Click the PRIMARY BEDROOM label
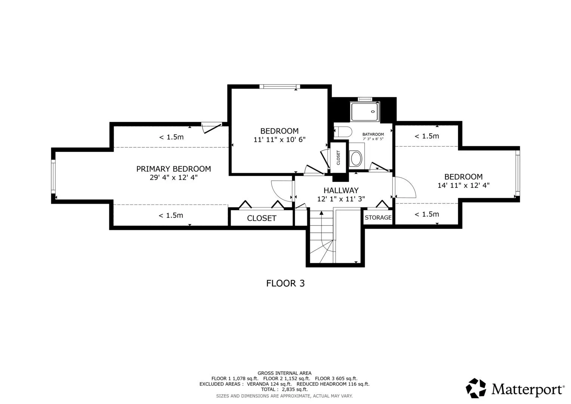174,169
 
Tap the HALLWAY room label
341,190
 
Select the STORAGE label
378,218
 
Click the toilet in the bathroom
343,132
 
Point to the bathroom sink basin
356,158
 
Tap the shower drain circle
373,111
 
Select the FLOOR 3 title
286,284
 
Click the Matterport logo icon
476,388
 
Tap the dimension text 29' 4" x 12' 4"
174,178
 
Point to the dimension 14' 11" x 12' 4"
463,186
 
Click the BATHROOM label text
373,134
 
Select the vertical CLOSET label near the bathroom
338,157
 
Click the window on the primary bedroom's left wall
53,177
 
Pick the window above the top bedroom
280,86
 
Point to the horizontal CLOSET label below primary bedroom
261,218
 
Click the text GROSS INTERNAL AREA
285,373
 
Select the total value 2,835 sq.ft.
295,389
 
